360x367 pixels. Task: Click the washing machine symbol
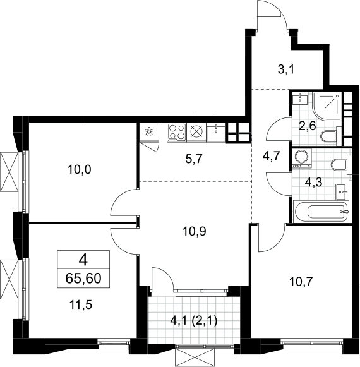coord(301,159)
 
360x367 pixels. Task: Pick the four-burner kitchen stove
coord(177,133)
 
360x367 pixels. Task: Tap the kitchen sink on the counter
coord(216,133)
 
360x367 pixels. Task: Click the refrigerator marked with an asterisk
coord(149,132)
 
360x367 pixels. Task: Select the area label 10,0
coord(80,169)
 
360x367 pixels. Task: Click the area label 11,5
coord(80,304)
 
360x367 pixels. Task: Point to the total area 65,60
coord(83,279)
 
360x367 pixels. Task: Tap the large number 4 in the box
coord(83,260)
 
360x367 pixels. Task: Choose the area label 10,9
coord(195,231)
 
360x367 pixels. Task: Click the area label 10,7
coord(301,282)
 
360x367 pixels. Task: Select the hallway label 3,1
coord(286,69)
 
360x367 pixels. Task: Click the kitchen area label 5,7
coord(193,159)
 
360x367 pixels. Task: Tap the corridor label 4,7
coord(272,156)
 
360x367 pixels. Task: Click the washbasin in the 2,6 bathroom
coord(300,98)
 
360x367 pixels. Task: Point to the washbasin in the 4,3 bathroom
coord(342,191)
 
